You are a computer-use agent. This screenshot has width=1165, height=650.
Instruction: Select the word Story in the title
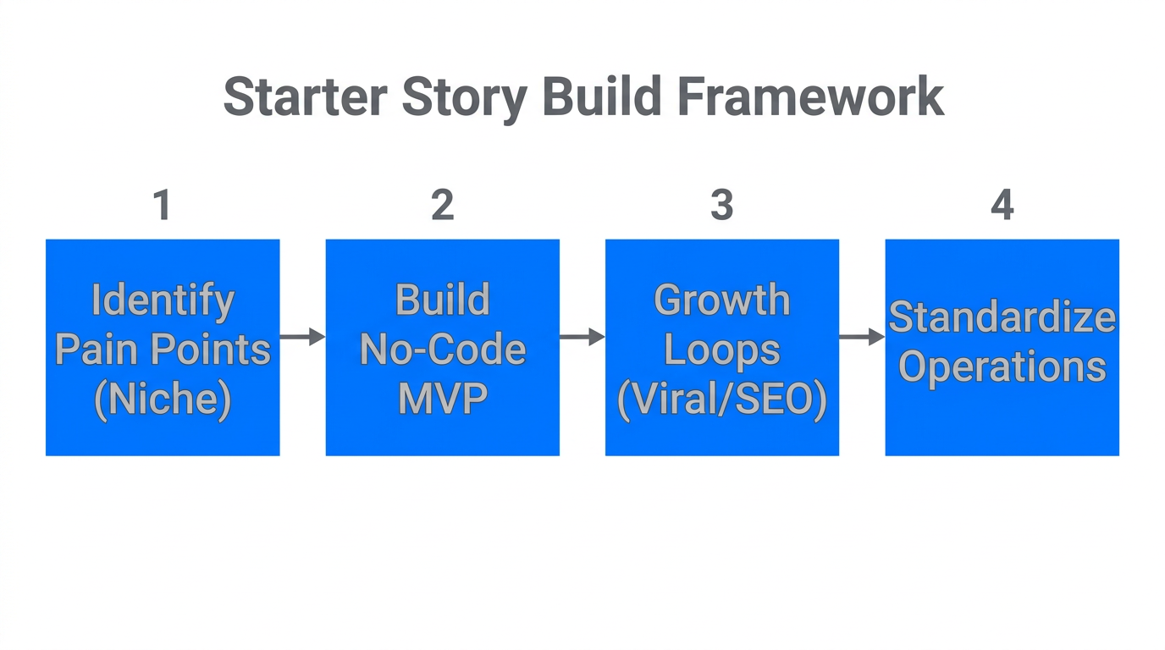pyautogui.click(x=464, y=97)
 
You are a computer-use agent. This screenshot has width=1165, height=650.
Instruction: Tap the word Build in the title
pyautogui.click(x=602, y=97)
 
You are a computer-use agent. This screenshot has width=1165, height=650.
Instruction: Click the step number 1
pyautogui.click(x=162, y=206)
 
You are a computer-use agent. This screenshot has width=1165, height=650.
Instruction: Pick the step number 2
pyautogui.click(x=442, y=206)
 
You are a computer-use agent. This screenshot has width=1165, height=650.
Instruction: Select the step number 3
pyautogui.click(x=721, y=206)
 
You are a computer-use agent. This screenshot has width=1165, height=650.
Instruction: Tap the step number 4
pyautogui.click(x=1002, y=206)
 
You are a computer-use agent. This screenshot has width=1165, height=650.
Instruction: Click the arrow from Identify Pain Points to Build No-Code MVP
pyautogui.click(x=302, y=337)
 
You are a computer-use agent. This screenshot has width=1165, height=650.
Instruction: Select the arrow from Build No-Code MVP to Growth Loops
pyautogui.click(x=582, y=337)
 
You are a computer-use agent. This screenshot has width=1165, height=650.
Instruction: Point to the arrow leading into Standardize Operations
pyautogui.click(x=862, y=337)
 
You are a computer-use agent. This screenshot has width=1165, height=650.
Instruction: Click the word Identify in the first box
pyautogui.click(x=163, y=300)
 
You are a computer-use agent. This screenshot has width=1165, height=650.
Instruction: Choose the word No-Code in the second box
pyautogui.click(x=443, y=350)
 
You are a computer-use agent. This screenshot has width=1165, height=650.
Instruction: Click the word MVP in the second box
pyautogui.click(x=443, y=399)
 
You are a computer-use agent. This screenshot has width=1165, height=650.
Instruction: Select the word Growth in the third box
pyautogui.click(x=722, y=300)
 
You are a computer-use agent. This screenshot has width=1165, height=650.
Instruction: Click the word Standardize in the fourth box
pyautogui.click(x=1002, y=318)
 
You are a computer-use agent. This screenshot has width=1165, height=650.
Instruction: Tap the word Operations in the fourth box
pyautogui.click(x=1002, y=367)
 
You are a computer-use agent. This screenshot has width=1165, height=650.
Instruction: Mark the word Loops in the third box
pyautogui.click(x=722, y=350)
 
